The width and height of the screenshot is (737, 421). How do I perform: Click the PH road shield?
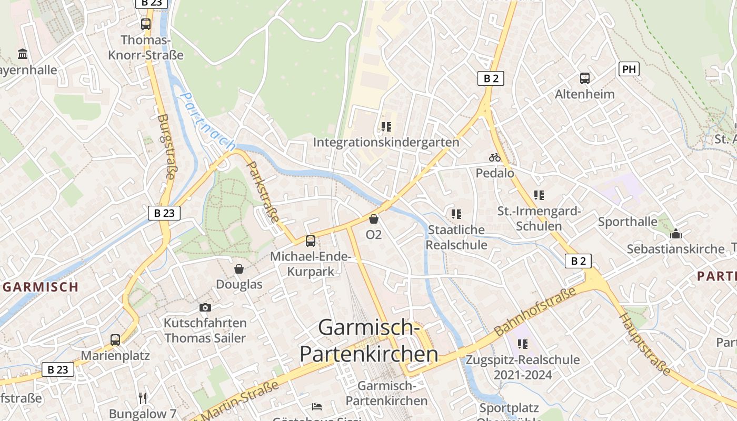click(x=629, y=69)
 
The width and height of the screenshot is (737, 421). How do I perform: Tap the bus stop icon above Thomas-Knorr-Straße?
click(x=146, y=24)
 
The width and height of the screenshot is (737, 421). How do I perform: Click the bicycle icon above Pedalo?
click(x=495, y=157)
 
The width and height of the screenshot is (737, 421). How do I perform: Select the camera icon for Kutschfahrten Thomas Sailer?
click(x=205, y=307)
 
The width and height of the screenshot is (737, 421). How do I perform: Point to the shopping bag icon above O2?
click(x=374, y=218)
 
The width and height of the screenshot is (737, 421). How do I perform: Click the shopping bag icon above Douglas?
click(x=239, y=269)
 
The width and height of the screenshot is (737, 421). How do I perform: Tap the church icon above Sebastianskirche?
click(x=676, y=234)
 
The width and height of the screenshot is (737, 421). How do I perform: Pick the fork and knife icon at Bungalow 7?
click(x=143, y=398)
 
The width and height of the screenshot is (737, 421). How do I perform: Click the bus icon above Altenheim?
click(x=585, y=78)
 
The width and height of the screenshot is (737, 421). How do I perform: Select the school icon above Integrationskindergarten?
click(x=386, y=127)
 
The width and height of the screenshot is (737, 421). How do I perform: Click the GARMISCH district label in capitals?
click(x=41, y=287)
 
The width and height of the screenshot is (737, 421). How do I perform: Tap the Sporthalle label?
click(x=628, y=222)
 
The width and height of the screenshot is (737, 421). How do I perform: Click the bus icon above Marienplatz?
click(x=115, y=340)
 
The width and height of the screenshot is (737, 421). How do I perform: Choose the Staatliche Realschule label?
click(x=456, y=237)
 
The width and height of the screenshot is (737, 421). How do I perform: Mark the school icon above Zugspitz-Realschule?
click(x=522, y=344)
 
